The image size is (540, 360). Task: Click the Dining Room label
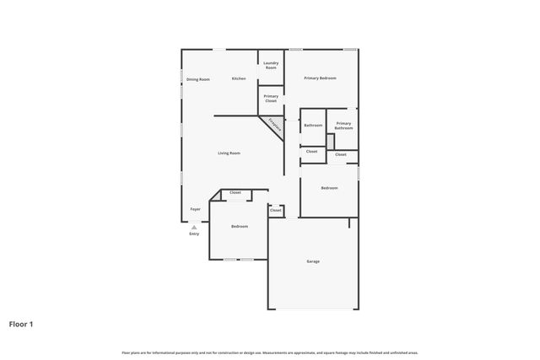(x=198, y=79)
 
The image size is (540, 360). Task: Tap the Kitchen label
(x=239, y=78)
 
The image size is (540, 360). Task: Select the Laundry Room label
(x=271, y=65)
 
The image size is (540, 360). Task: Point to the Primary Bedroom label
(x=321, y=78)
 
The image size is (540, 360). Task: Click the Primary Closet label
(x=271, y=99)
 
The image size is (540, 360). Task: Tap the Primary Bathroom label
(x=343, y=126)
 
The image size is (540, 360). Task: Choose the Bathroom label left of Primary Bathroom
(x=313, y=125)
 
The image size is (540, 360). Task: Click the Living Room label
(x=229, y=153)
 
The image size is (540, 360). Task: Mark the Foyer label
(x=195, y=208)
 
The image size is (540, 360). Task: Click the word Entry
(x=194, y=234)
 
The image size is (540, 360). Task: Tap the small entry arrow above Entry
(x=194, y=227)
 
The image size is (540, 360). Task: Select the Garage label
(x=313, y=261)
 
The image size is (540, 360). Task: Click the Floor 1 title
(x=21, y=324)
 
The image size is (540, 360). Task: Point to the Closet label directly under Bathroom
(x=311, y=151)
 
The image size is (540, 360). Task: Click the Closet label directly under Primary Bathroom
(x=341, y=154)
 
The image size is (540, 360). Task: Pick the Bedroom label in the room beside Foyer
(x=240, y=226)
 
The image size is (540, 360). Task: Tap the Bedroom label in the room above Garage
(x=329, y=187)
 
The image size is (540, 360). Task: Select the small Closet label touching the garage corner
(x=276, y=210)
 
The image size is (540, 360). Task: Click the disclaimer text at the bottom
(x=270, y=352)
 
